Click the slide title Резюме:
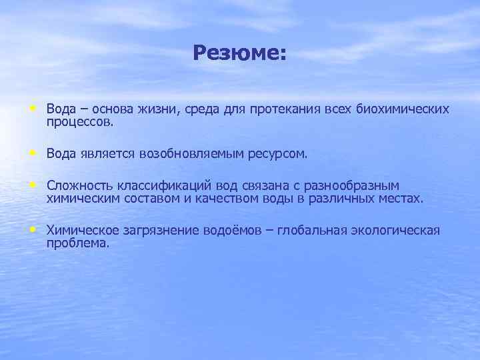239,53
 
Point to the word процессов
81,123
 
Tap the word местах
402,199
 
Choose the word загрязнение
155,231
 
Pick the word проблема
78,244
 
